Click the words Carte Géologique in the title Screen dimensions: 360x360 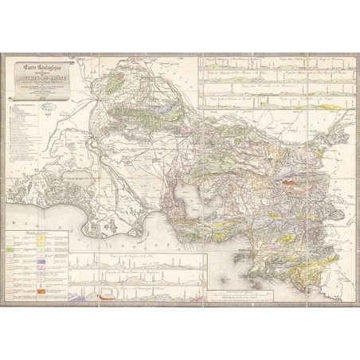coord(41,66)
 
